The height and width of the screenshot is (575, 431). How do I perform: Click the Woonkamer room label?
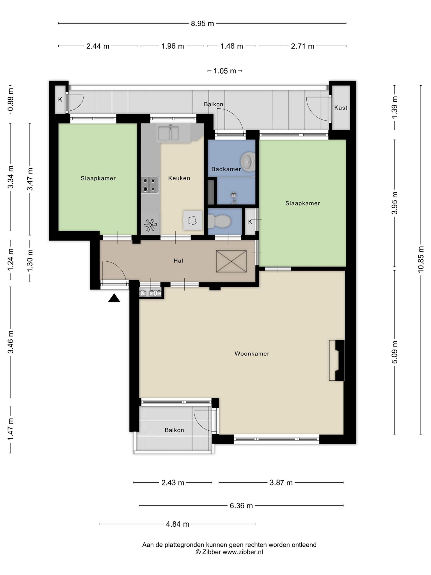coord(252,354)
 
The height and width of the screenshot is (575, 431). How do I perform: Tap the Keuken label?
coord(179,178)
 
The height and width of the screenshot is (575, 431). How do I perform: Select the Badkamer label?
coord(226,169)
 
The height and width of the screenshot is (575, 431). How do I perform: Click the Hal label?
coord(178,261)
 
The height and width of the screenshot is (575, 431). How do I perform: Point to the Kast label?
coord(341,108)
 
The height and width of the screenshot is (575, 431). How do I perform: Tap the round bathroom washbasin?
coord(248,161)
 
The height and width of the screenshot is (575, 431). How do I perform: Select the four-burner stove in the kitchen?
coord(150,185)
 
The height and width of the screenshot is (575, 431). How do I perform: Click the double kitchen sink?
coord(168,133)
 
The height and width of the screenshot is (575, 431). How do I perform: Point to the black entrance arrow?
coord(114,298)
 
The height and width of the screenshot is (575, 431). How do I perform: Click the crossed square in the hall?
coord(231,261)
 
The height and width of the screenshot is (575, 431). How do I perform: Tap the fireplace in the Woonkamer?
coord(337,360)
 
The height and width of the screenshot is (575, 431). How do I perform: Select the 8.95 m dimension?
coord(202,24)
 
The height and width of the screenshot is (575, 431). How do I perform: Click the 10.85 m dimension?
coord(421,259)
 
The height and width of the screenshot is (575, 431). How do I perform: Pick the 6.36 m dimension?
coord(241,506)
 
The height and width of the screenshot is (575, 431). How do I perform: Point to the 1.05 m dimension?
coord(225,71)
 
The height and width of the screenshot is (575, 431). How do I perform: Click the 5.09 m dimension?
coord(395,352)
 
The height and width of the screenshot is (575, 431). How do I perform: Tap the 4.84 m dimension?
coord(178,524)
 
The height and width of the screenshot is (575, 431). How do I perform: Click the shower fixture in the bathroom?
coord(233,197)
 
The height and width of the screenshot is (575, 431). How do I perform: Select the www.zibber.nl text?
coord(243,552)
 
